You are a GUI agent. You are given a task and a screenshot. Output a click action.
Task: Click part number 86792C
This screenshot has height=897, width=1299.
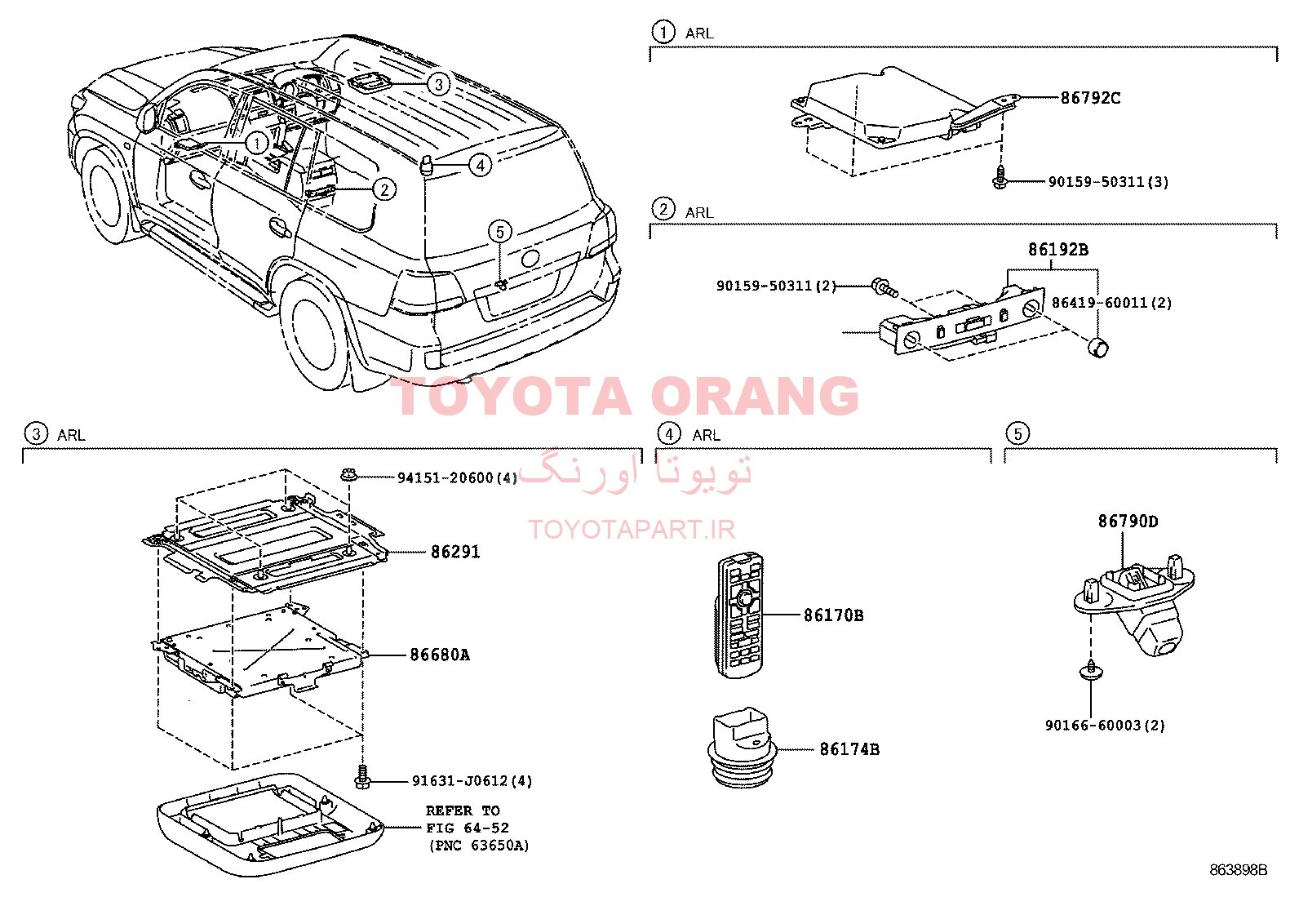[1090, 98]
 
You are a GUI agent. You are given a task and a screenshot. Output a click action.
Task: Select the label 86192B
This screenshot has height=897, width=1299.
[1057, 250]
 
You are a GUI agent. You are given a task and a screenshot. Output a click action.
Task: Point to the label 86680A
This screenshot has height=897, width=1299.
[440, 655]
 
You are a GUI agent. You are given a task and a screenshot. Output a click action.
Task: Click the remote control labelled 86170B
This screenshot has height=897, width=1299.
[740, 615]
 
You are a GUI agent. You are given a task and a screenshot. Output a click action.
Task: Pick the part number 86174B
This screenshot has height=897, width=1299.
[849, 749]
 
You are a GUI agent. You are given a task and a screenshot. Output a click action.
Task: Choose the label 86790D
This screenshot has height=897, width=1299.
[1128, 521]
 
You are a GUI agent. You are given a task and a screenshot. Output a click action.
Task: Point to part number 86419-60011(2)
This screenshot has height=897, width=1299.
[1111, 302]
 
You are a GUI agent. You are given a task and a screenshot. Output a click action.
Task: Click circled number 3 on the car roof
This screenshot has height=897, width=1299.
[439, 84]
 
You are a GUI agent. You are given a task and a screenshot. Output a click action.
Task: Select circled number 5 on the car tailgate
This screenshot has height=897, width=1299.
[500, 232]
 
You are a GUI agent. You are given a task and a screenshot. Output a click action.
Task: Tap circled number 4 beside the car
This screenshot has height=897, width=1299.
[480, 166]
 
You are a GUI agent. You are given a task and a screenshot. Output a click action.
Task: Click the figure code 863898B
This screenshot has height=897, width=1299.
[1238, 870]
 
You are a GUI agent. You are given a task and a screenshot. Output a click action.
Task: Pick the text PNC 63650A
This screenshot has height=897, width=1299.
[479, 846]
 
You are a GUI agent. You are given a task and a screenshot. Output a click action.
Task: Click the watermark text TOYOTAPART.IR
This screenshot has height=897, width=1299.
[632, 529]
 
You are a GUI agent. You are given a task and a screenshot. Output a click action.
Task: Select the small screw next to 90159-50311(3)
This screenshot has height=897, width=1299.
[999, 177]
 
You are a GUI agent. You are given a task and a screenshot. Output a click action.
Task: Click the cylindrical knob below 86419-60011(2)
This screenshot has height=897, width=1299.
[1097, 347]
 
